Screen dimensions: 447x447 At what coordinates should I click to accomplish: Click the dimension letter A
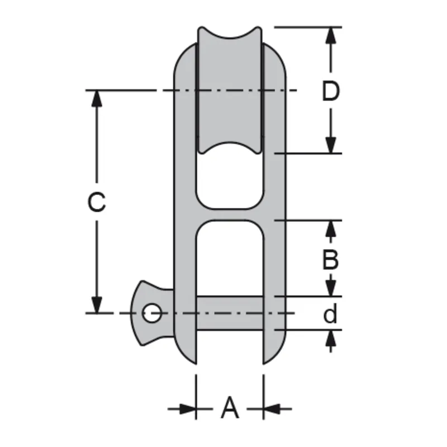point(230,408)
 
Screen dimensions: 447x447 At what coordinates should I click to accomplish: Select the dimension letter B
point(331,259)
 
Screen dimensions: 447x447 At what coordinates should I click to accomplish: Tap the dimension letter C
point(97,202)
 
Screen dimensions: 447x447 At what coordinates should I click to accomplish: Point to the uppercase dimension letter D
point(331,91)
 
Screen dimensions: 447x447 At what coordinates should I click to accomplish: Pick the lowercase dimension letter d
point(331,315)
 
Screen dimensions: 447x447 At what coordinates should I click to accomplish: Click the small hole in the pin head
point(151,313)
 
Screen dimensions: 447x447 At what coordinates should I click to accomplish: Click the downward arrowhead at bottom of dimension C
point(97,304)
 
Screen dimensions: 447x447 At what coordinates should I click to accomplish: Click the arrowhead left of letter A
point(188,409)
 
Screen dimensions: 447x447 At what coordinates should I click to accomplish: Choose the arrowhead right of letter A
point(272,409)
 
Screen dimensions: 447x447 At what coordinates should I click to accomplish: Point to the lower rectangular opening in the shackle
point(230,257)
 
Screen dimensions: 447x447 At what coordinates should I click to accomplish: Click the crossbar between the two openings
point(230,215)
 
